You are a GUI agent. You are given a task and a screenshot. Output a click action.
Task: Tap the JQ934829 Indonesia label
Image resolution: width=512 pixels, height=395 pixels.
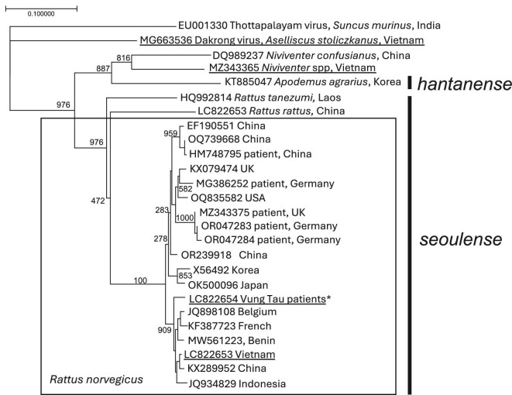tap(233, 383)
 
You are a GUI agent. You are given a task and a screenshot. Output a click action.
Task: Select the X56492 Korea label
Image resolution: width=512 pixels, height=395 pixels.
tap(225, 270)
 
